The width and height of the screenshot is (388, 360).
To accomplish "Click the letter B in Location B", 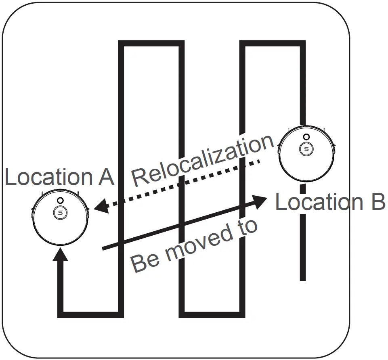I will pos(376,202).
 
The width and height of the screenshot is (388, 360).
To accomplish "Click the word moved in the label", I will pos(197,245).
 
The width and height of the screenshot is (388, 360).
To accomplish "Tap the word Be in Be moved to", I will pos(145,262).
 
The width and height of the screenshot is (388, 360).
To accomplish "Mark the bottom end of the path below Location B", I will pos(303,278).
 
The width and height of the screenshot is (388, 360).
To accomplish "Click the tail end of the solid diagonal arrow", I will pos(104,248).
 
